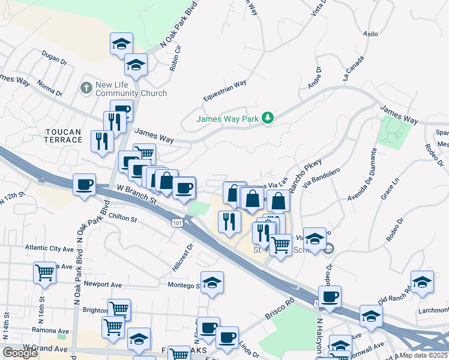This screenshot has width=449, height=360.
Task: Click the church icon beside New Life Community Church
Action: click(x=86, y=89)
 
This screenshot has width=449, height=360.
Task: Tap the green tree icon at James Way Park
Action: click(x=268, y=119)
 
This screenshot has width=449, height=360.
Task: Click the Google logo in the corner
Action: click(x=20, y=353)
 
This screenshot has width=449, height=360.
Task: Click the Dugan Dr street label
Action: click(x=55, y=59)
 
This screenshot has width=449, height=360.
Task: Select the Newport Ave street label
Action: click(x=103, y=284)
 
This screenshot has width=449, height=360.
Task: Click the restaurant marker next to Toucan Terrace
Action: click(x=101, y=141)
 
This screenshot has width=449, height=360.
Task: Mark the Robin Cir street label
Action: click(x=175, y=58)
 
